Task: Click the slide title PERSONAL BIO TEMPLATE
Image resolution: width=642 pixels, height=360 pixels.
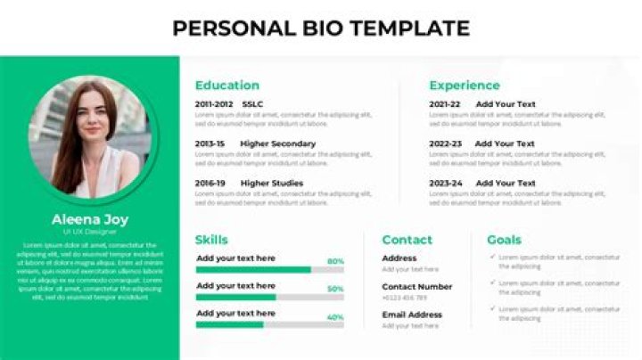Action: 321,28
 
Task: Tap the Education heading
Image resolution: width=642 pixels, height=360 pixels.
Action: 227,86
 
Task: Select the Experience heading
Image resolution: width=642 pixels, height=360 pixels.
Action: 465,86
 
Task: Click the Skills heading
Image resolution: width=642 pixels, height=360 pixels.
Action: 211,240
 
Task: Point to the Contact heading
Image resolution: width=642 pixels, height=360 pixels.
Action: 407,240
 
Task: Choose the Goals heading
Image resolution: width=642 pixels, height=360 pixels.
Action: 504,240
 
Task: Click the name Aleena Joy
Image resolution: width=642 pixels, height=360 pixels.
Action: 89,219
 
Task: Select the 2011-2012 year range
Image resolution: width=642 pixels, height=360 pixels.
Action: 214,104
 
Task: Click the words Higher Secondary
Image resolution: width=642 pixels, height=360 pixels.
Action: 277,143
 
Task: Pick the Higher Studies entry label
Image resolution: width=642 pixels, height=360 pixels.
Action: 272,184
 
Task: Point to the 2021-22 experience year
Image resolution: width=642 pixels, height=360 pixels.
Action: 445,104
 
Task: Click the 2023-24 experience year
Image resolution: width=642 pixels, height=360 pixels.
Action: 445,184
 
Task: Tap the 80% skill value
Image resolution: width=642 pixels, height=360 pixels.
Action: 335,261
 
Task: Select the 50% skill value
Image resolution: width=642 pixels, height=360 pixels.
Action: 335,289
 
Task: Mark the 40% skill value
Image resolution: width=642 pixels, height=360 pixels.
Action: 335,317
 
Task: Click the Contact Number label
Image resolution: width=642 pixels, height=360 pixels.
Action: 416,287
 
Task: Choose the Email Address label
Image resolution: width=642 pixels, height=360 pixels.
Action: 412,315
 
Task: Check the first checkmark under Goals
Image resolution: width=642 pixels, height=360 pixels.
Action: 492,257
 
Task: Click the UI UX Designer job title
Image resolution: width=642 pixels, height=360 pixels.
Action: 89,232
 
